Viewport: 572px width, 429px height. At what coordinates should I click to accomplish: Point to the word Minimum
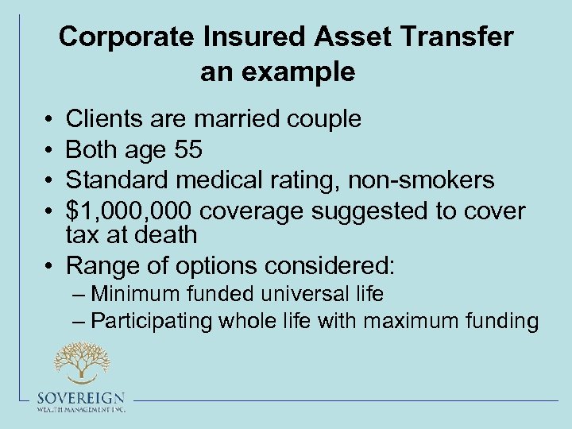[136, 294]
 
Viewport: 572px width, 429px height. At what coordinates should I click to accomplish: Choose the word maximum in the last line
[404, 321]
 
